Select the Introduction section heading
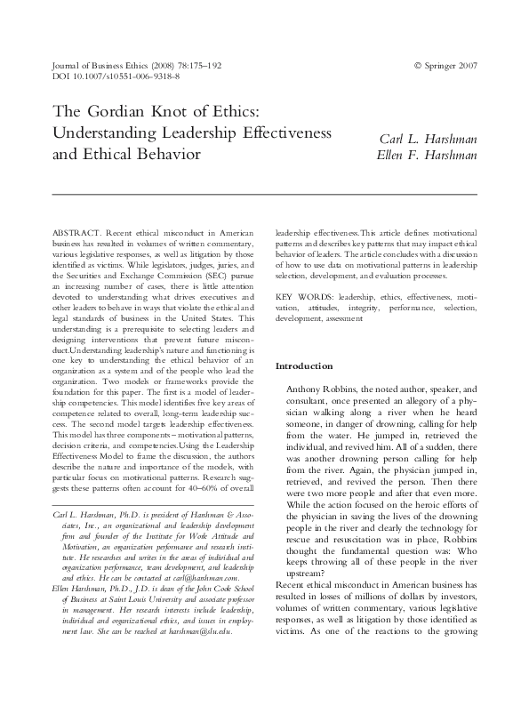[x=304, y=365]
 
